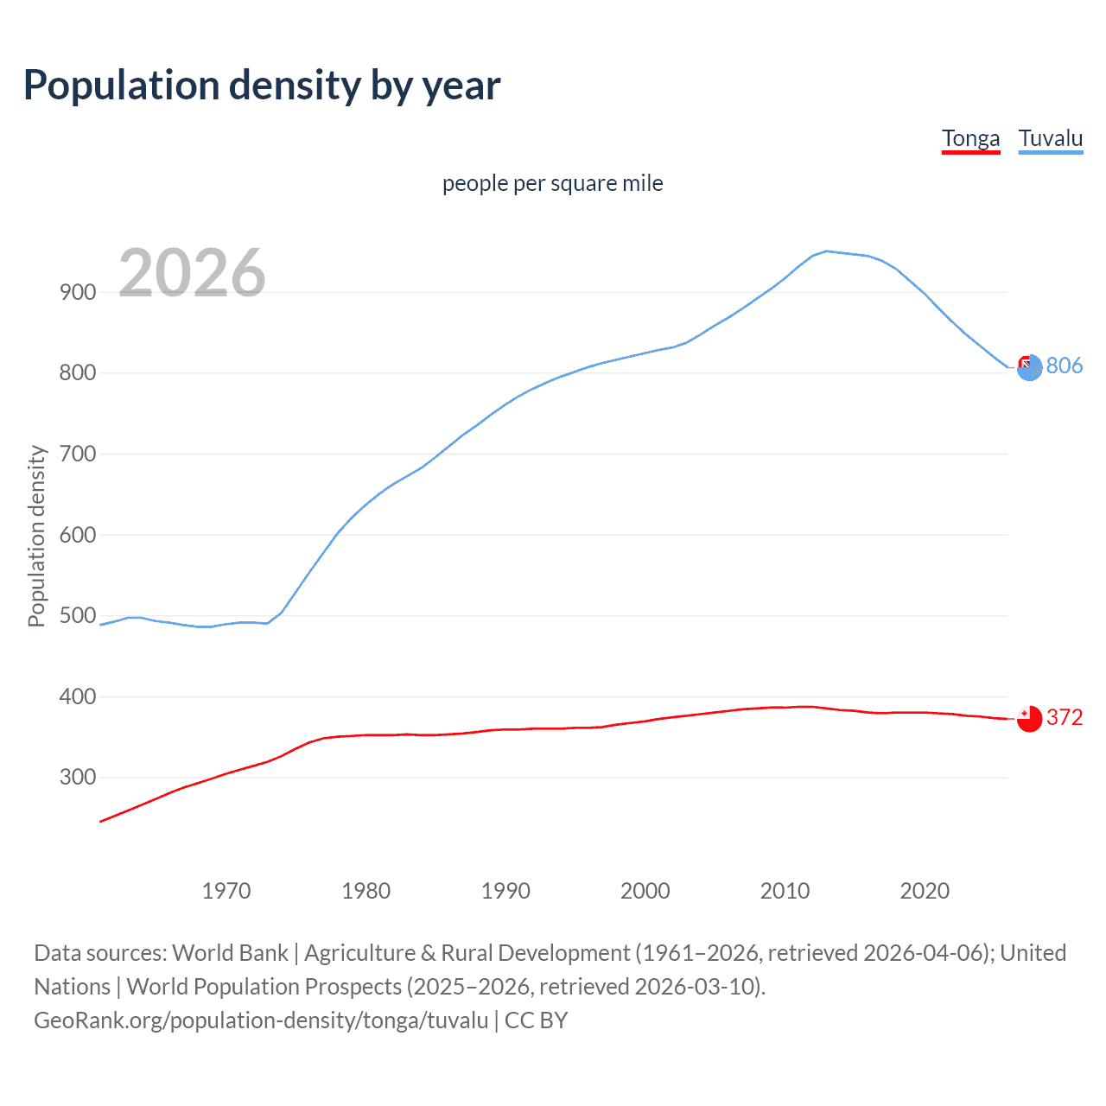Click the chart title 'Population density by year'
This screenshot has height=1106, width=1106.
tap(262, 86)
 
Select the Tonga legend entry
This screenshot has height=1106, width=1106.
tap(970, 138)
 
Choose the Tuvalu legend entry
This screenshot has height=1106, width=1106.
tap(1050, 138)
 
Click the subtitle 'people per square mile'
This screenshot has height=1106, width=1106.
tap(552, 183)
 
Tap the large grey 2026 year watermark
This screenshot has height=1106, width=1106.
tap(192, 273)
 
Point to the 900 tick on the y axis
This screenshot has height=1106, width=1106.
tap(78, 292)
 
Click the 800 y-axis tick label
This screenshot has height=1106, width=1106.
tap(78, 373)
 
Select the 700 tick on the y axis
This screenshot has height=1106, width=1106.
tap(78, 454)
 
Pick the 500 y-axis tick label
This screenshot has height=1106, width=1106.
tap(78, 616)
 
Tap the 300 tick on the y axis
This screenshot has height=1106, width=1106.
tap(78, 778)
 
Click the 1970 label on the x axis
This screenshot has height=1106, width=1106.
tap(226, 891)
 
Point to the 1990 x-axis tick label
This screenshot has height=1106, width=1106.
tap(505, 891)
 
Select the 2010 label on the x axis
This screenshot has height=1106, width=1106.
tap(785, 891)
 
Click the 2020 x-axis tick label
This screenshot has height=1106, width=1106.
tap(925, 891)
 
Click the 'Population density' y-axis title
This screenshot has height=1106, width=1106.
tap(36, 536)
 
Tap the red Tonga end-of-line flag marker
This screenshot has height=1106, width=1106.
tap(1029, 719)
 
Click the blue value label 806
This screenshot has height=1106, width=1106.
tap(1065, 365)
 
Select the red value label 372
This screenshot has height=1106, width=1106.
tap(1065, 717)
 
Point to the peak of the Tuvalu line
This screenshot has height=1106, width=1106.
tap(827, 251)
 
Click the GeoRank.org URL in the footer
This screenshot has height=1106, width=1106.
tap(261, 1020)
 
